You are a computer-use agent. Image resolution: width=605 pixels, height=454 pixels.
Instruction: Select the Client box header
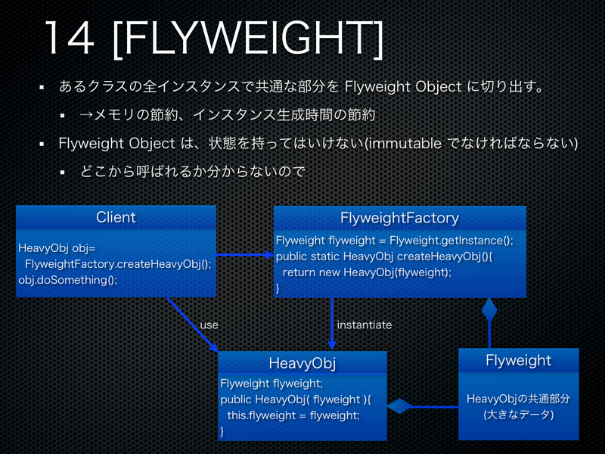[116, 218]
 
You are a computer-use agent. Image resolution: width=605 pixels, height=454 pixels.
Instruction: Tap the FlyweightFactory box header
[399, 218]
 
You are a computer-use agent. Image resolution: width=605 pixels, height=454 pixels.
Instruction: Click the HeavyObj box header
[302, 363]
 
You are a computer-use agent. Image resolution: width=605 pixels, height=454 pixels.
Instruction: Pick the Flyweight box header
[518, 360]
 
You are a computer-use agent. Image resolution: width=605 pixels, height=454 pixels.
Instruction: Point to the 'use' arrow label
[209, 325]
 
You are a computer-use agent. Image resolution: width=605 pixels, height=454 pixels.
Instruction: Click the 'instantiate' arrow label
[365, 325]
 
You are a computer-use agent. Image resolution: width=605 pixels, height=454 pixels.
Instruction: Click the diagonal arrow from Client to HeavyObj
[189, 322]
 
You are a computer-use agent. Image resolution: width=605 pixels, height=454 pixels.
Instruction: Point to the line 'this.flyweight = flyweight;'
[293, 415]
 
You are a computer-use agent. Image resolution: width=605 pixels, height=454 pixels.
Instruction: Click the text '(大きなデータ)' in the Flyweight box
[518, 415]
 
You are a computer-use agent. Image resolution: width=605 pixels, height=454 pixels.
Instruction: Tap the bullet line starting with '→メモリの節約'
[227, 115]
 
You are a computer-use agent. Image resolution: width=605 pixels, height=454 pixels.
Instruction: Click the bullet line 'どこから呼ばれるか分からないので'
[192, 172]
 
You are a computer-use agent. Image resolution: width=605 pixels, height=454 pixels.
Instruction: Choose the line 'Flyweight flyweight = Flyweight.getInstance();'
[394, 241]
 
